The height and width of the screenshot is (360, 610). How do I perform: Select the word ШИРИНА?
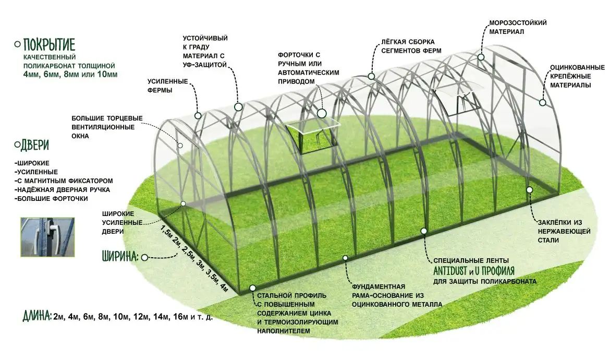(x=119, y=257)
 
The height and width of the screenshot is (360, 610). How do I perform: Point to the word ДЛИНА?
(x=37, y=316)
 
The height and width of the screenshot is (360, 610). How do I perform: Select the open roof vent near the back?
(x=456, y=99)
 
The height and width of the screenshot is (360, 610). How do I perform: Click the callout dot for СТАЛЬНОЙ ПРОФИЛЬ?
(x=253, y=287)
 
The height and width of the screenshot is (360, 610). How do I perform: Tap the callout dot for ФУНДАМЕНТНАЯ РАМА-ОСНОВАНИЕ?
(x=345, y=257)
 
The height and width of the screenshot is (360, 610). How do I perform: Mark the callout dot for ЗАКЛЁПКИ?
(x=529, y=190)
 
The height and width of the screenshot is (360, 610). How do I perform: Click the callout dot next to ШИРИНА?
(x=145, y=257)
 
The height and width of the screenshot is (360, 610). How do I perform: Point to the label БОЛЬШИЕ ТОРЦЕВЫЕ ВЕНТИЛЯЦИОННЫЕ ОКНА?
(x=107, y=127)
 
